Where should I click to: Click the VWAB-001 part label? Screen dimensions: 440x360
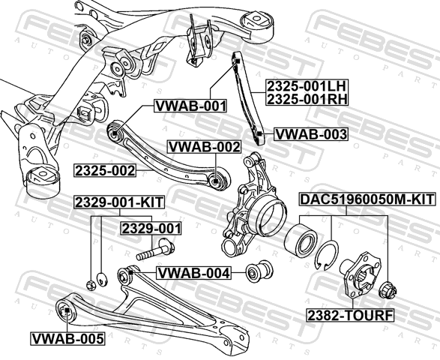190,106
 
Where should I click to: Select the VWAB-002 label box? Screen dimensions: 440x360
204,147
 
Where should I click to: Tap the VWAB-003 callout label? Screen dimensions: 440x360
310,134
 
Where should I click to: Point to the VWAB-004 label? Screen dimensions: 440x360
194,273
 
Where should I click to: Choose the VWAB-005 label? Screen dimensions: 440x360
67,339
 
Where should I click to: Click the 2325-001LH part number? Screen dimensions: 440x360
307,86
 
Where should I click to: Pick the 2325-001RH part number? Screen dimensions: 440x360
307,99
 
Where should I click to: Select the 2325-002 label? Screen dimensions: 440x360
105,170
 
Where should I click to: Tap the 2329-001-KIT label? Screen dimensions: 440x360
119,202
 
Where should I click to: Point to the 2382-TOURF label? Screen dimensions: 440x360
351,315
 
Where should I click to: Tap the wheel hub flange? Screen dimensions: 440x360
361,274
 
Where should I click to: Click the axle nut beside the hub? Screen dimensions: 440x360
388,290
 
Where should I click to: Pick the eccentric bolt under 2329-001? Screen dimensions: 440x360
155,249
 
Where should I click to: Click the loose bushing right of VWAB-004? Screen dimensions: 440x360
259,271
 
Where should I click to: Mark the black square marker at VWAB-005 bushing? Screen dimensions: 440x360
67,310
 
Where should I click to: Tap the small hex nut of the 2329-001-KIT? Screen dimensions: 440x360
91,285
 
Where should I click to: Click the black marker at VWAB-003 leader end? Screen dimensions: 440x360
259,133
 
